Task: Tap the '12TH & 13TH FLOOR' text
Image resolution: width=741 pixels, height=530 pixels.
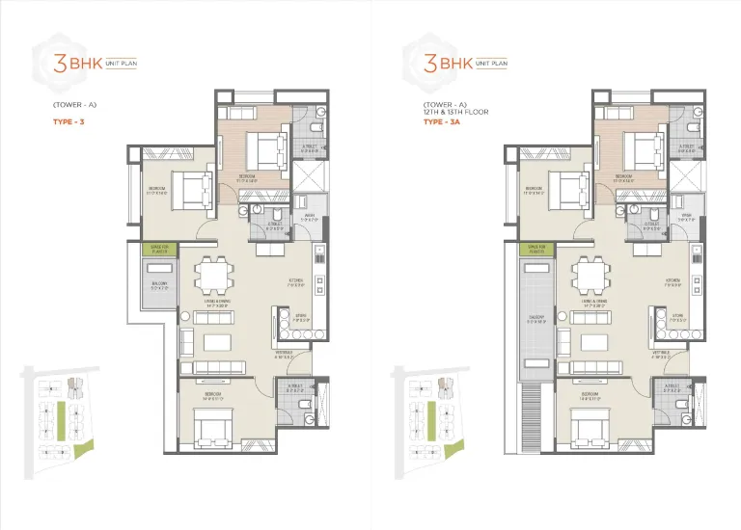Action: coord(455,112)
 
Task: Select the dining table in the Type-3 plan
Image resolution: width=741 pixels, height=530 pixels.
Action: coord(214,278)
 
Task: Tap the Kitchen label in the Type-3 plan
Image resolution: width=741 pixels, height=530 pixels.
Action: coord(296,282)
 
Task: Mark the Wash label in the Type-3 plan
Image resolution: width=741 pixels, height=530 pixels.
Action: coord(309,216)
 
